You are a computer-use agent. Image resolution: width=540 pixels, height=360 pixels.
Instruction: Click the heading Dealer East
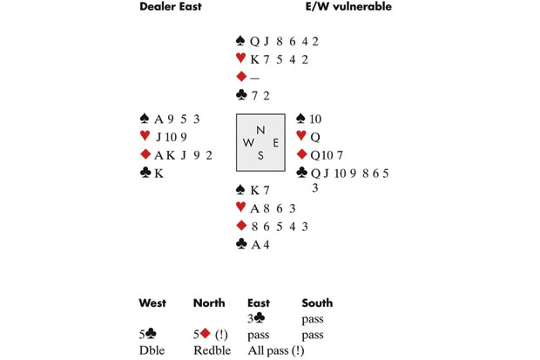[x=173, y=8]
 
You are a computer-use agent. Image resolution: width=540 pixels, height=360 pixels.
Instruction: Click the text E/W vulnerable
[x=347, y=8]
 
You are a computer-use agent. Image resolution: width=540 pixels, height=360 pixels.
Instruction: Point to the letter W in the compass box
[x=247, y=142]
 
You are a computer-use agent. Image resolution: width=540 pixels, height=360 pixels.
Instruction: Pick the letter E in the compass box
[x=275, y=142]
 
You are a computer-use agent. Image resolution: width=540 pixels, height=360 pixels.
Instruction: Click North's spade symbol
[x=241, y=40]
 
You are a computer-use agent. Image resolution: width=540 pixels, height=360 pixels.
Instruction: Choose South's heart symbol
[x=241, y=208]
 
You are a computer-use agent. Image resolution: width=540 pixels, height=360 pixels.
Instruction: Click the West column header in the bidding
[x=153, y=303]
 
